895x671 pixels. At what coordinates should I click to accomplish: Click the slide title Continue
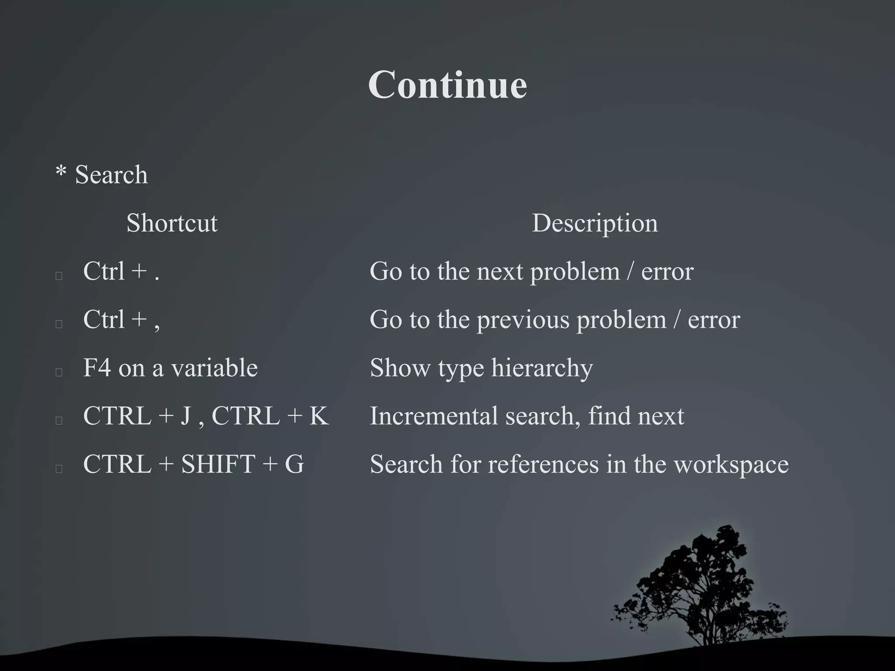(447, 85)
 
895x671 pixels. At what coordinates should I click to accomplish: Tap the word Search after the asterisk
(111, 175)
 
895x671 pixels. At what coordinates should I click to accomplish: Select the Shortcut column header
(172, 223)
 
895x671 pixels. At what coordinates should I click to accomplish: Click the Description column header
(594, 223)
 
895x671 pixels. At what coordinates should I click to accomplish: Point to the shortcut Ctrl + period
(121, 271)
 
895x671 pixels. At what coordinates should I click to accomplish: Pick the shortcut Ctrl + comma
(121, 319)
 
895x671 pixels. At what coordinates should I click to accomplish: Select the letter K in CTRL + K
(319, 415)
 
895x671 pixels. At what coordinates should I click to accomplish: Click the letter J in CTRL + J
(186, 415)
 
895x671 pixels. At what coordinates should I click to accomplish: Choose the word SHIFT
(218, 463)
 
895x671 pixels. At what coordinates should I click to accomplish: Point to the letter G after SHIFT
(294, 463)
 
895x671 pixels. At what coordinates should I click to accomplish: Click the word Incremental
(434, 415)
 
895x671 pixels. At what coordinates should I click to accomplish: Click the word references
(543, 463)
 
